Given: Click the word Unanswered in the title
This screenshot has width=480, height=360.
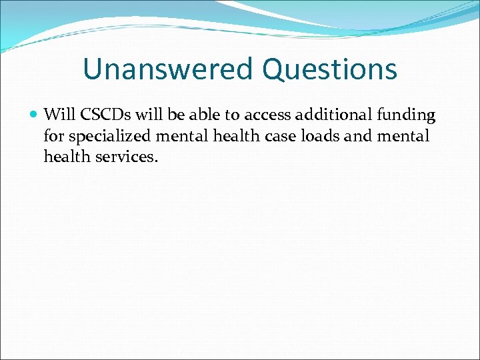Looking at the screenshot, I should coord(169,69).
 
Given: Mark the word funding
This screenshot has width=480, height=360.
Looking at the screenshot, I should coord(406,115).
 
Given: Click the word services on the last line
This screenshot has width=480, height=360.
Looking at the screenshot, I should coord(123,157).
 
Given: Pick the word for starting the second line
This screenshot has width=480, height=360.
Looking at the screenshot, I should coord(54,137).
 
